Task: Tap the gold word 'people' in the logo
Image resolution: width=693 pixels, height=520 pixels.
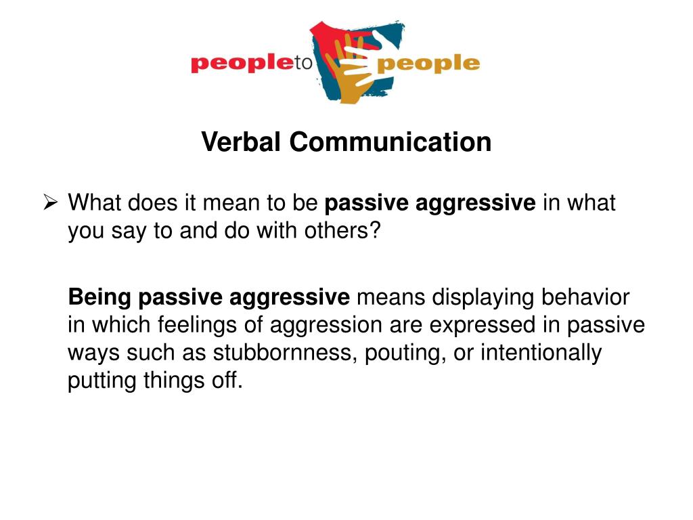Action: (428, 64)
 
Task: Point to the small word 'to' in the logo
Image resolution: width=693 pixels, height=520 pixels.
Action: (304, 63)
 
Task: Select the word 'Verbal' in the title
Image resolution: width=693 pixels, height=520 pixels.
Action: (241, 142)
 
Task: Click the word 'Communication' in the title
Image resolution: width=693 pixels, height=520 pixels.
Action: (390, 142)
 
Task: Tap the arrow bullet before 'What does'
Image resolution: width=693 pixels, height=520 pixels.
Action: (50, 202)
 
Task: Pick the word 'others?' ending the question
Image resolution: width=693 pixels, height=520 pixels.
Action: (342, 230)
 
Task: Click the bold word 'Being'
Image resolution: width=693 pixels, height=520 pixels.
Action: (99, 297)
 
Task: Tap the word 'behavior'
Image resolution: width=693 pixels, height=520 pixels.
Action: (585, 297)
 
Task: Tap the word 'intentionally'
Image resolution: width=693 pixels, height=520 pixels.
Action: (541, 353)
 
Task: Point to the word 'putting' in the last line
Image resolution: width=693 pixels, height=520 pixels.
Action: (102, 381)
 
